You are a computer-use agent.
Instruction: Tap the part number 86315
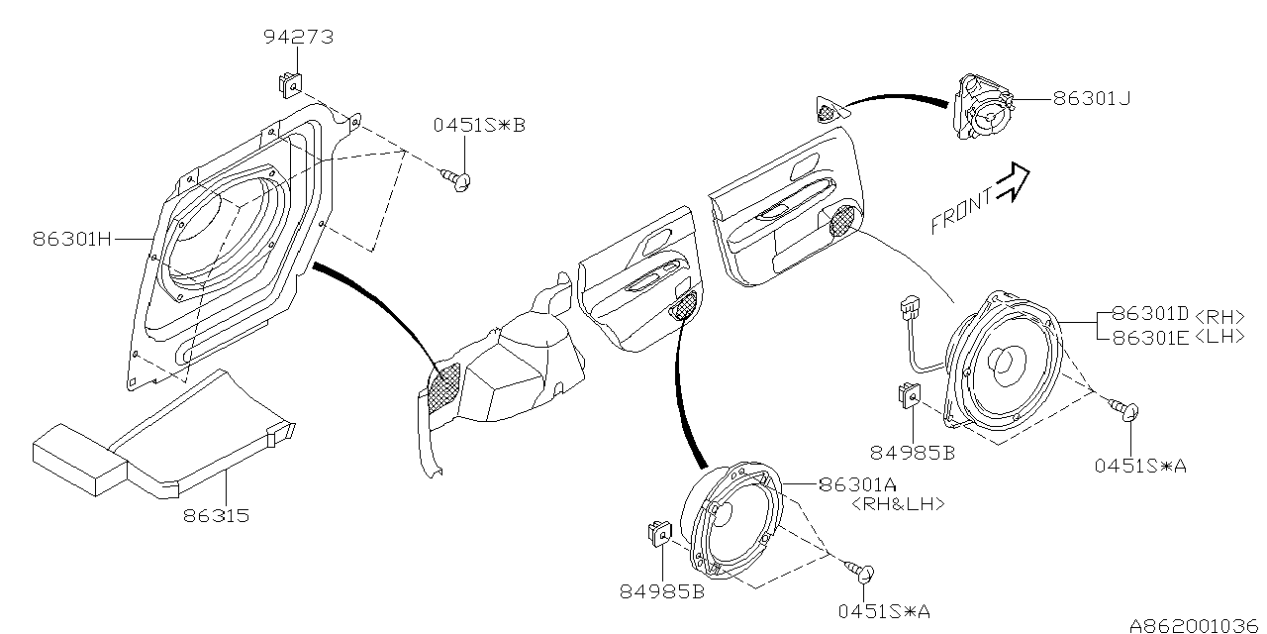coord(215,516)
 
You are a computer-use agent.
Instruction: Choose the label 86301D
coord(1148,315)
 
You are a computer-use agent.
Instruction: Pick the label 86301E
coord(1148,337)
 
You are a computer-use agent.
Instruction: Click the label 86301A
coord(857,484)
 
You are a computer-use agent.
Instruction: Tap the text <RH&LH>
coord(897,503)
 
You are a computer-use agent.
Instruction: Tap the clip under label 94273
coord(288,83)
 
